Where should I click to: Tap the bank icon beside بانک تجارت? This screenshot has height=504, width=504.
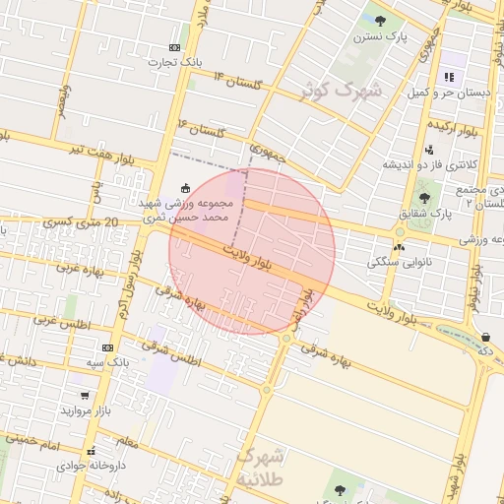[174, 47]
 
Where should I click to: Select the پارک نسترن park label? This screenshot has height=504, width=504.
[381, 36]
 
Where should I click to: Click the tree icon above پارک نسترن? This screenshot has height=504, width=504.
[381, 21]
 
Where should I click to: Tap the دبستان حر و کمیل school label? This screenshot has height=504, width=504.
[450, 92]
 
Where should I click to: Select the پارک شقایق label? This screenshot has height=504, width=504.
[424, 213]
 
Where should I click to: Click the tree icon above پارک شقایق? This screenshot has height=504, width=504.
[424, 198]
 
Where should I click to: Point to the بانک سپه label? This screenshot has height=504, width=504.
[107, 363]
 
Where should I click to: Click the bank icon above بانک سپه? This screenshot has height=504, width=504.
[107, 347]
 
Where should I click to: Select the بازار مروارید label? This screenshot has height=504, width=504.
[86, 409]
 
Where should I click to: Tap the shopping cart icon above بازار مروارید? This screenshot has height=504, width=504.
[86, 396]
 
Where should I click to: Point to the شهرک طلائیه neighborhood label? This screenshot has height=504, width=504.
[262, 468]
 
